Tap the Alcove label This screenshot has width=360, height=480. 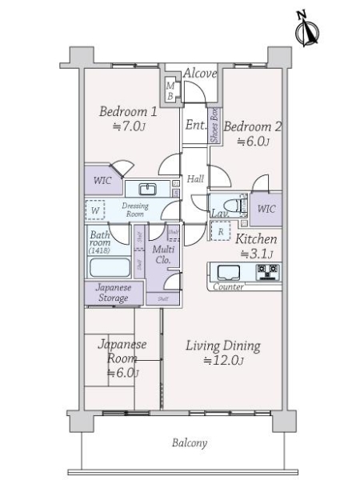tap(200, 74)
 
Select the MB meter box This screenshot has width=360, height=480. tap(170, 90)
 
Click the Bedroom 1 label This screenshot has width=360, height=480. tap(127, 118)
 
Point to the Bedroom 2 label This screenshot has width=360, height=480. tap(252, 133)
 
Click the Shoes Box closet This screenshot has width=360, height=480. tap(214, 125)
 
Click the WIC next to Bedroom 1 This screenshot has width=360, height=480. tap(102, 181)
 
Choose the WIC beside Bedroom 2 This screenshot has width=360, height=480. tap(266, 209)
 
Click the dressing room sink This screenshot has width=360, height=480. tap(147, 190)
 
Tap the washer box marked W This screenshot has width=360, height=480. tap(96, 211)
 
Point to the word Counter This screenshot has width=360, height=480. tap(229, 286)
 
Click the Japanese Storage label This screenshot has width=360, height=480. tap(112, 293)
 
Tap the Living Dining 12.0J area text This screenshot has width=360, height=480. tap(223, 353)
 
